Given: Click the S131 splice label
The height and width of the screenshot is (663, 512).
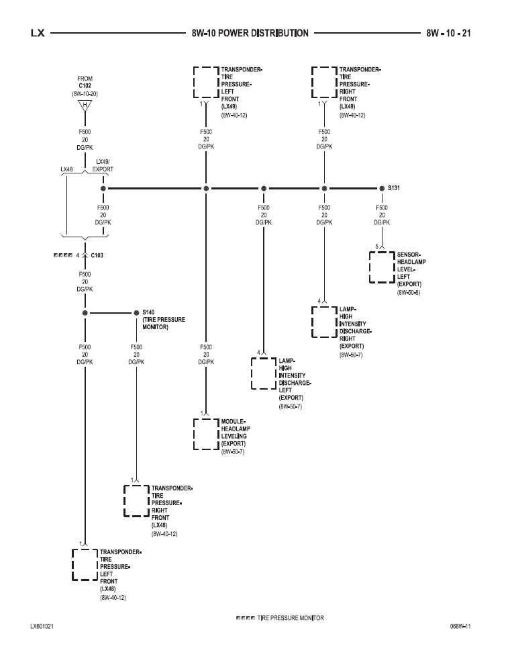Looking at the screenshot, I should tap(394, 189).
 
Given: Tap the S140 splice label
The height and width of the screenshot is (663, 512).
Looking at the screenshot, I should tap(148, 312).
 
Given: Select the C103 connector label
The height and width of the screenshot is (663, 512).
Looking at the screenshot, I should tap(97, 255).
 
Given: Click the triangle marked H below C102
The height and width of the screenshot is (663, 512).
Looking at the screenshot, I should tap(85, 105).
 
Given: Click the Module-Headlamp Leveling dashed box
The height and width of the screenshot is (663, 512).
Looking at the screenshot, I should tap(205, 434).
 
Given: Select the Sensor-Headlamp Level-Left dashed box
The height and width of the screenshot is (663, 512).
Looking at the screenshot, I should tap(381, 267).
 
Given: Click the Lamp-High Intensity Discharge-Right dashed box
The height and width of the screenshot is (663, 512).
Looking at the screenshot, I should tap(324, 322).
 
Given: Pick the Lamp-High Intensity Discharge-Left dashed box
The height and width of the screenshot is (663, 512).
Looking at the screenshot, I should tap(263, 373).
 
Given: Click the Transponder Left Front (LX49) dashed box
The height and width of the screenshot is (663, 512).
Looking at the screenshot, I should tap(205, 83).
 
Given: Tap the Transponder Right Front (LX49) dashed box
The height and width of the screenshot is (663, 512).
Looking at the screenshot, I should tap(324, 83).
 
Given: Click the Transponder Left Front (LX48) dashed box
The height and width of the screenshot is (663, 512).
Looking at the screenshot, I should tap(85, 564).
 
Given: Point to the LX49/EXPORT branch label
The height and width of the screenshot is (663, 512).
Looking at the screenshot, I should tap(103, 166).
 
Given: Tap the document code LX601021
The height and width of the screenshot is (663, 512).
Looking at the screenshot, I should tap(42, 626).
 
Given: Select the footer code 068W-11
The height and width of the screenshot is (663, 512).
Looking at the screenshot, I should tap(460, 626).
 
